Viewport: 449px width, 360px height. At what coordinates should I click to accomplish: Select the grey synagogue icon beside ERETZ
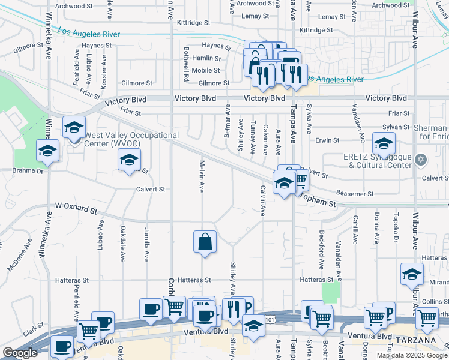421,160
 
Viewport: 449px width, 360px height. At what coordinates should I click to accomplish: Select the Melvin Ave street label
202,175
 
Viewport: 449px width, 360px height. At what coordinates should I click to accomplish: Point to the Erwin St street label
328,140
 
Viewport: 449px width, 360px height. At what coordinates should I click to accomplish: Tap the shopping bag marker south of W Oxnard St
205,242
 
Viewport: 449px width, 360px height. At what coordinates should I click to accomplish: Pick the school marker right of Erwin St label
384,143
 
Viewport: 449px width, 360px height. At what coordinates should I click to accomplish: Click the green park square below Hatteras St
331,293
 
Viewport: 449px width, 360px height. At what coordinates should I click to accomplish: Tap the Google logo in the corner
20,353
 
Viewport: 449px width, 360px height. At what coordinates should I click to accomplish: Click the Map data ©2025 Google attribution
411,355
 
